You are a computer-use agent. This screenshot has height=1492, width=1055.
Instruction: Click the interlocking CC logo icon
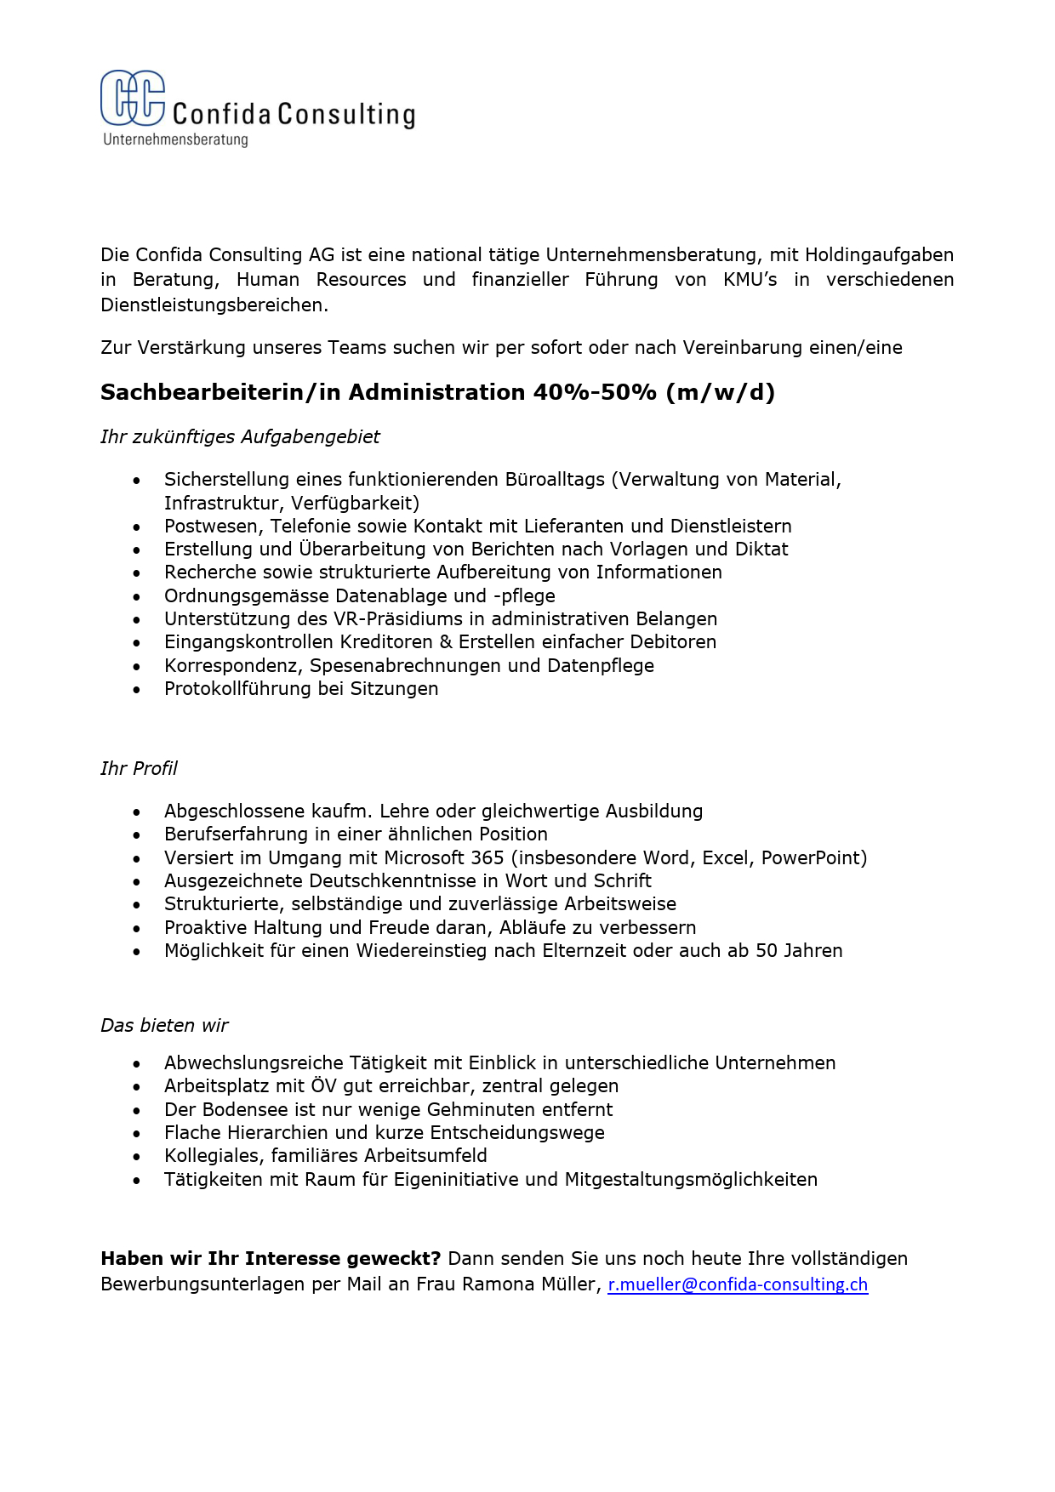[133, 98]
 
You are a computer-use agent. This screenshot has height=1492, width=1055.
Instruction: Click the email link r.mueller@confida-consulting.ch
[738, 1284]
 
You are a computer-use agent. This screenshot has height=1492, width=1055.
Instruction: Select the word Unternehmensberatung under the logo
[175, 140]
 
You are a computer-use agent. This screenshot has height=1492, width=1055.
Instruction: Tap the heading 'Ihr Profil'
[139, 768]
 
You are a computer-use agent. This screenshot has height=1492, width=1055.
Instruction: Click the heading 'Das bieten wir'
[164, 1025]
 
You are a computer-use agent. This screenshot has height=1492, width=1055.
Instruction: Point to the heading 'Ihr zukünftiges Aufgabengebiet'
[240, 436]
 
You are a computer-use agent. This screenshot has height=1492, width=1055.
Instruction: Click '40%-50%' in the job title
[595, 392]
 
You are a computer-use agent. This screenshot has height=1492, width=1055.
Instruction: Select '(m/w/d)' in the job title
[721, 392]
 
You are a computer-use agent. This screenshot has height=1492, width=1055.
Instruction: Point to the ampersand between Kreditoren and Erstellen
[446, 641]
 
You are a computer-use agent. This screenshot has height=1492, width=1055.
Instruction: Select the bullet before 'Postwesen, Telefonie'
[136, 527]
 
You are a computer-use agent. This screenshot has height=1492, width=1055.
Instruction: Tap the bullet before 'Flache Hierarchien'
[136, 1134]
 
